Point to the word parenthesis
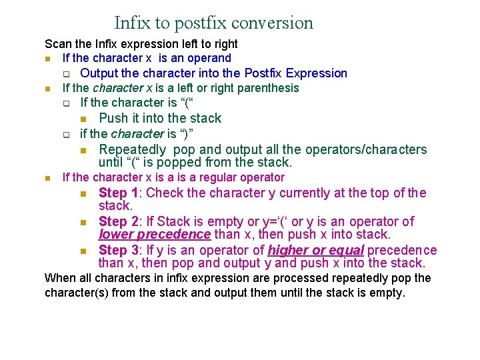point(268,88)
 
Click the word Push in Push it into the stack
point(113,119)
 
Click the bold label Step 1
point(119,193)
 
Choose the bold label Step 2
point(119,221)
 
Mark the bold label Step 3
point(119,251)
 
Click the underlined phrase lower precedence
point(155,235)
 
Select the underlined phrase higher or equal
point(315,251)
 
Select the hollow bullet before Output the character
point(66,74)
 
